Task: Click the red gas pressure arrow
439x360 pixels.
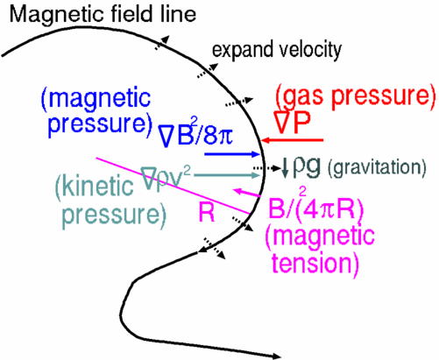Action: click(292, 140)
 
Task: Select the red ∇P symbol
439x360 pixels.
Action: click(292, 123)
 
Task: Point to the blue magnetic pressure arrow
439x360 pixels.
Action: click(232, 154)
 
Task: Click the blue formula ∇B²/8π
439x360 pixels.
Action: click(195, 135)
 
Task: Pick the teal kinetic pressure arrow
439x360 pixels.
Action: click(227, 175)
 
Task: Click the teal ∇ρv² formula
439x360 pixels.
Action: click(166, 178)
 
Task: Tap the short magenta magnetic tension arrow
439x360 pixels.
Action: click(246, 193)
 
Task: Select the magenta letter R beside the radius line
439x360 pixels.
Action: click(207, 212)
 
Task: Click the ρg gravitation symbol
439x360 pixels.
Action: click(307, 166)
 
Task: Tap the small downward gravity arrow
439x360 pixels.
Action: click(285, 167)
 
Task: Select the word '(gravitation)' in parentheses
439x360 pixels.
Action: click(377, 168)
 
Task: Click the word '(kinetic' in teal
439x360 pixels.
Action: click(94, 187)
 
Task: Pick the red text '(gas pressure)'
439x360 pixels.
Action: click(356, 96)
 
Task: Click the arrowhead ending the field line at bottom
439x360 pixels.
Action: click(276, 356)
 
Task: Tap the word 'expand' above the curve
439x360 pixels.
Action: click(238, 50)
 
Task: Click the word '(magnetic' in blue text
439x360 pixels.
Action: click(96, 100)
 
